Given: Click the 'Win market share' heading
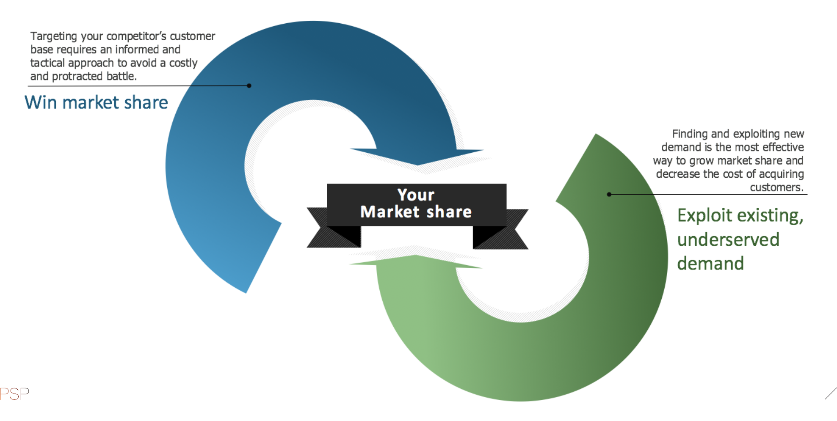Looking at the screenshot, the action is [96, 103].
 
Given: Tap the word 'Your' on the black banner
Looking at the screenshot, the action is [416, 195].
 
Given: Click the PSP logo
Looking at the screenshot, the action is [14, 394].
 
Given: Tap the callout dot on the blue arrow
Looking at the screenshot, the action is [249, 85].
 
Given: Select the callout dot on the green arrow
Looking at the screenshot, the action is [609, 194].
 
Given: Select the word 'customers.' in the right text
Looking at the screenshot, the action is [776, 187].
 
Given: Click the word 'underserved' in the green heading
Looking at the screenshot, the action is [728, 240].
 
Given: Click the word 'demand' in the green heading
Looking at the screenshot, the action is [710, 264].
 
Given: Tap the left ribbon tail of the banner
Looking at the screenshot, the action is [322, 228].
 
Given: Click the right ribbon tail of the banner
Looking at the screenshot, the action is [512, 228].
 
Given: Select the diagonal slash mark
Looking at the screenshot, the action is [831, 393].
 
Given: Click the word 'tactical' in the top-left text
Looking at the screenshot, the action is [47, 63].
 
